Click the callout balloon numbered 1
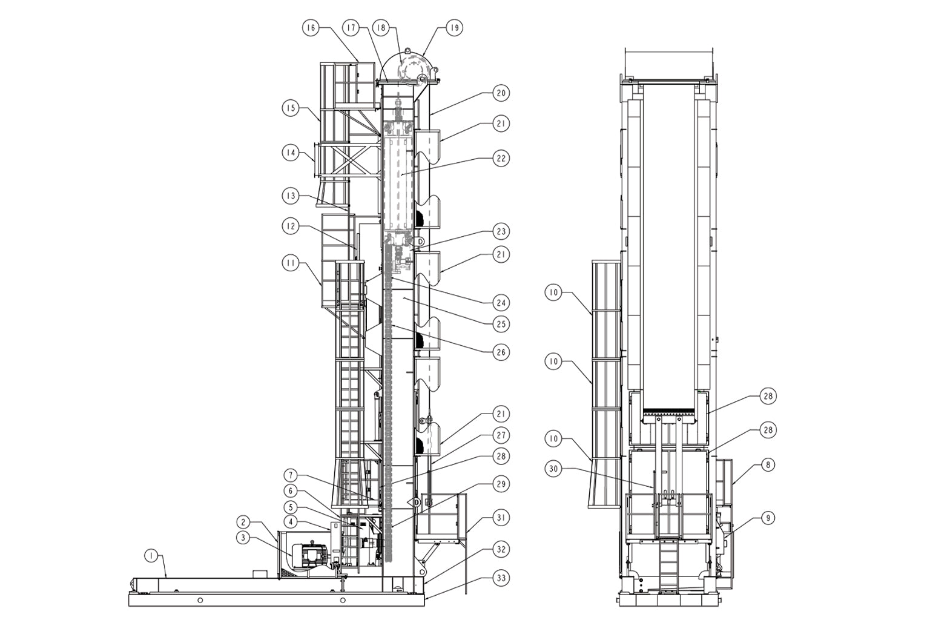click(152, 556)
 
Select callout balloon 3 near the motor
click(243, 538)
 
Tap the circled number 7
click(291, 475)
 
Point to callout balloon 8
click(768, 464)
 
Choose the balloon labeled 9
click(768, 518)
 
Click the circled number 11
click(291, 263)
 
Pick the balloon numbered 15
click(291, 108)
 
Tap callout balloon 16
click(311, 28)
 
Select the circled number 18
click(381, 28)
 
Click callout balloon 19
click(454, 28)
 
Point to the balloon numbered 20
click(501, 93)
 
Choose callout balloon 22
click(501, 158)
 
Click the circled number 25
click(501, 324)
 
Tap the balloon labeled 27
click(501, 435)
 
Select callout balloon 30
click(553, 469)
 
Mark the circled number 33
click(501, 578)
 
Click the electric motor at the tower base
click(311, 556)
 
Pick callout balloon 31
click(501, 518)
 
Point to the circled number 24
click(501, 303)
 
